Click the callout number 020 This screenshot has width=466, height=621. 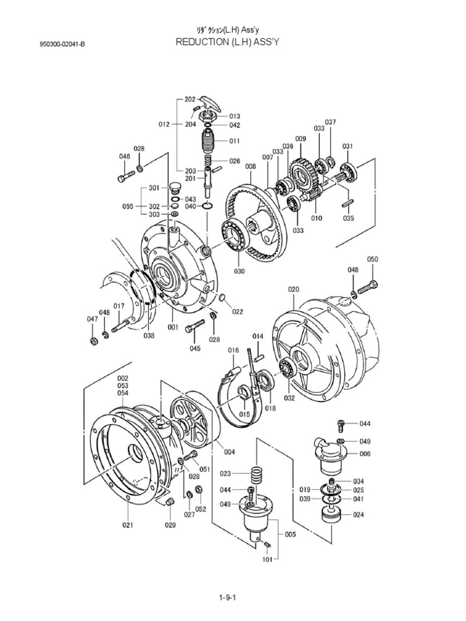294,289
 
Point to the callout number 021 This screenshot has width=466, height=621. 127,525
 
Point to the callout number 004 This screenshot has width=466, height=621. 229,451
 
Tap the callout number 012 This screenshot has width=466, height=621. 164,124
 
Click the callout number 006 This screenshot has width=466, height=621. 365,454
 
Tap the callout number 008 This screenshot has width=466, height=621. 250,166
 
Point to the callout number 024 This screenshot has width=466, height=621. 359,515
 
